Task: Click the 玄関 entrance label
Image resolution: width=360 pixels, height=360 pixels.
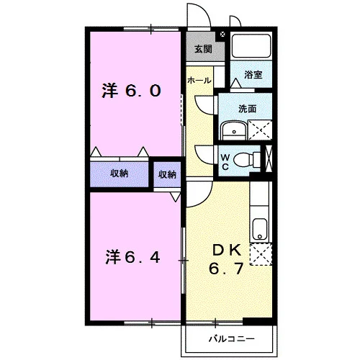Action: (203, 49)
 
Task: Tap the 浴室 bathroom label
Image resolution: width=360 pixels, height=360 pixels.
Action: (253, 75)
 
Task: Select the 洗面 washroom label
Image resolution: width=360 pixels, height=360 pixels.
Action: (247, 109)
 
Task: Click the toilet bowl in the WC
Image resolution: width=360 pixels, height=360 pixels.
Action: (243, 160)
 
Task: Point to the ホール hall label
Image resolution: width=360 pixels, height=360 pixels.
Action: (199, 80)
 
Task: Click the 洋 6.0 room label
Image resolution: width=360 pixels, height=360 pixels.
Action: (131, 91)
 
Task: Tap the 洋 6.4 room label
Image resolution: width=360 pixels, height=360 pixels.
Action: (132, 257)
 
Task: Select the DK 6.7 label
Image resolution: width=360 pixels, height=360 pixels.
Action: (227, 259)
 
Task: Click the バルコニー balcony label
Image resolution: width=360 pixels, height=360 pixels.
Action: (231, 339)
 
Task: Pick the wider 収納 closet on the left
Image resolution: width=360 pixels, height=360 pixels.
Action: (120, 174)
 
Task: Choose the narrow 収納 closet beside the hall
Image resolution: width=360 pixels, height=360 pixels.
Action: (167, 174)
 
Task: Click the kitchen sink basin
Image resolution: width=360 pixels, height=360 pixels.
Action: (260, 229)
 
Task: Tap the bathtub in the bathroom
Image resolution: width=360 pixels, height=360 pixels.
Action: (251, 46)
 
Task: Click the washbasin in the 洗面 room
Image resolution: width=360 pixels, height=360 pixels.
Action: (234, 130)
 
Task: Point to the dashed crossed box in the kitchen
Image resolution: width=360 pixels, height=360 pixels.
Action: (261, 254)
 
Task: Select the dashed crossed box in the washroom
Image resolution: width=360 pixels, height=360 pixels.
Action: (260, 130)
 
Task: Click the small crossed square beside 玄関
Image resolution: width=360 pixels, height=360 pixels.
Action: (222, 35)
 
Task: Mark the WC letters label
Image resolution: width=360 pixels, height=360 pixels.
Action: (225, 162)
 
